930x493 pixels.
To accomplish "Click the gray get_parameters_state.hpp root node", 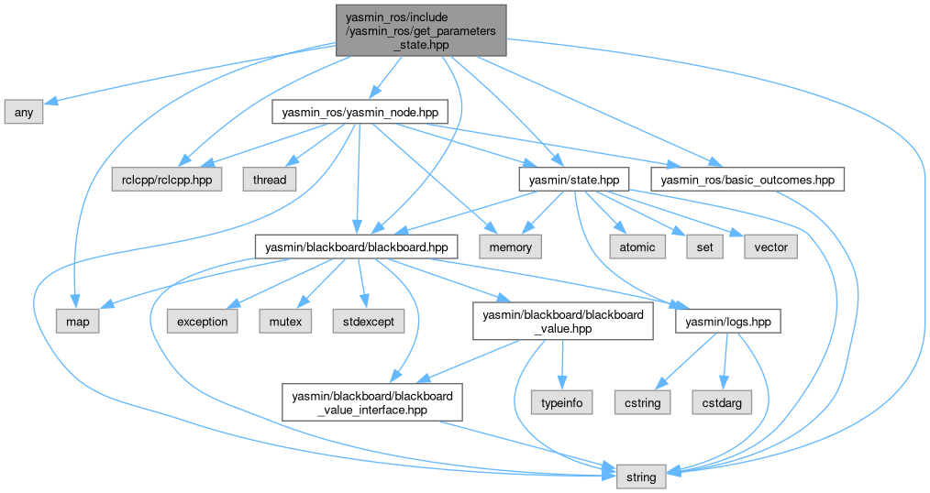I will [421, 30].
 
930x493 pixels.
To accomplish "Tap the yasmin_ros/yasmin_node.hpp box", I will [360, 112].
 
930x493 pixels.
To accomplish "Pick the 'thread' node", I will [269, 180].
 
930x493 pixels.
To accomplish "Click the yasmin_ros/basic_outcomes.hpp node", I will [747, 180].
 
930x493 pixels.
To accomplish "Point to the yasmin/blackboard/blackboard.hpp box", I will [357, 246].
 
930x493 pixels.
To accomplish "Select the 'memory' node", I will [510, 246].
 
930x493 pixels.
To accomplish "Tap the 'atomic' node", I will [637, 246].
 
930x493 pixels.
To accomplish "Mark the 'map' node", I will [78, 322].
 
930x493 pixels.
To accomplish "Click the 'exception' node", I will [202, 322].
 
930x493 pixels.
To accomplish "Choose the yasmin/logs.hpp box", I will [728, 322].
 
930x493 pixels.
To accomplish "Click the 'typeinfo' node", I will [562, 401].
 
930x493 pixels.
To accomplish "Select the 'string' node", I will [641, 477].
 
